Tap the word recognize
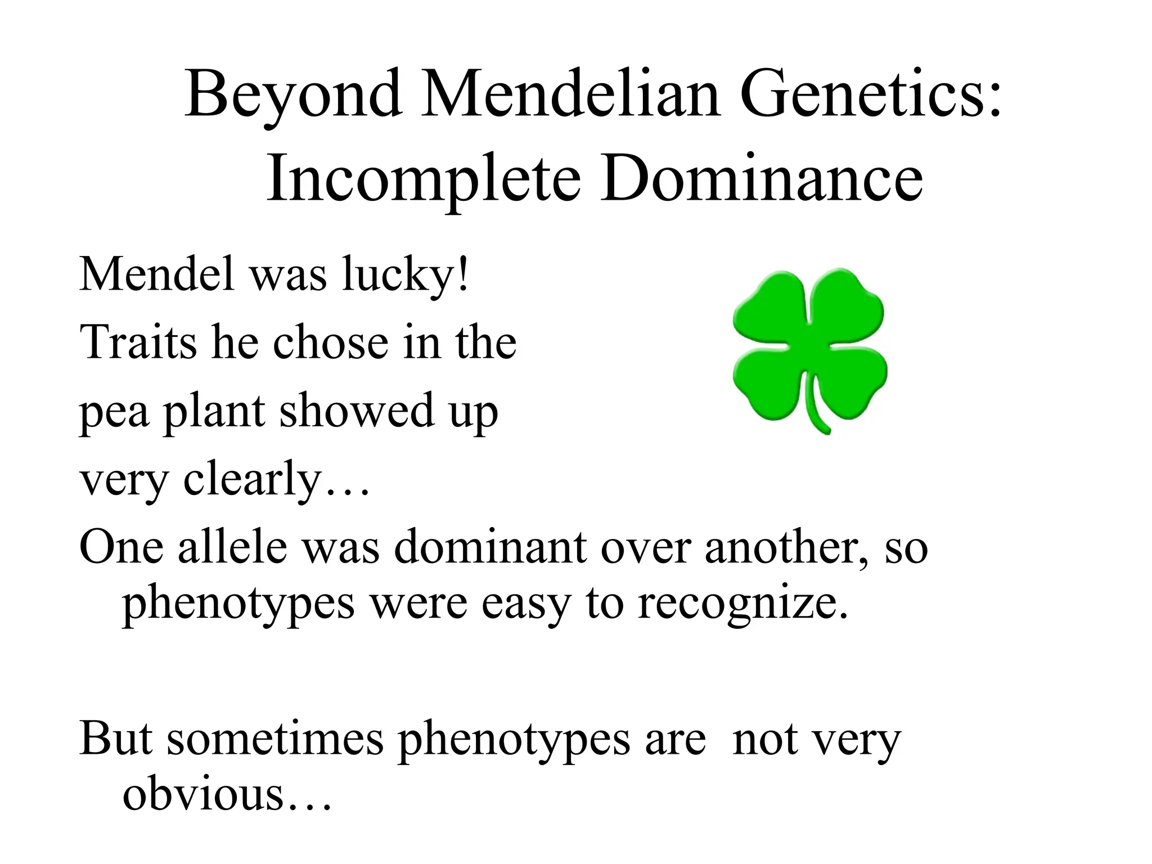[x=742, y=605]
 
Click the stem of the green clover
[x=815, y=411]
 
